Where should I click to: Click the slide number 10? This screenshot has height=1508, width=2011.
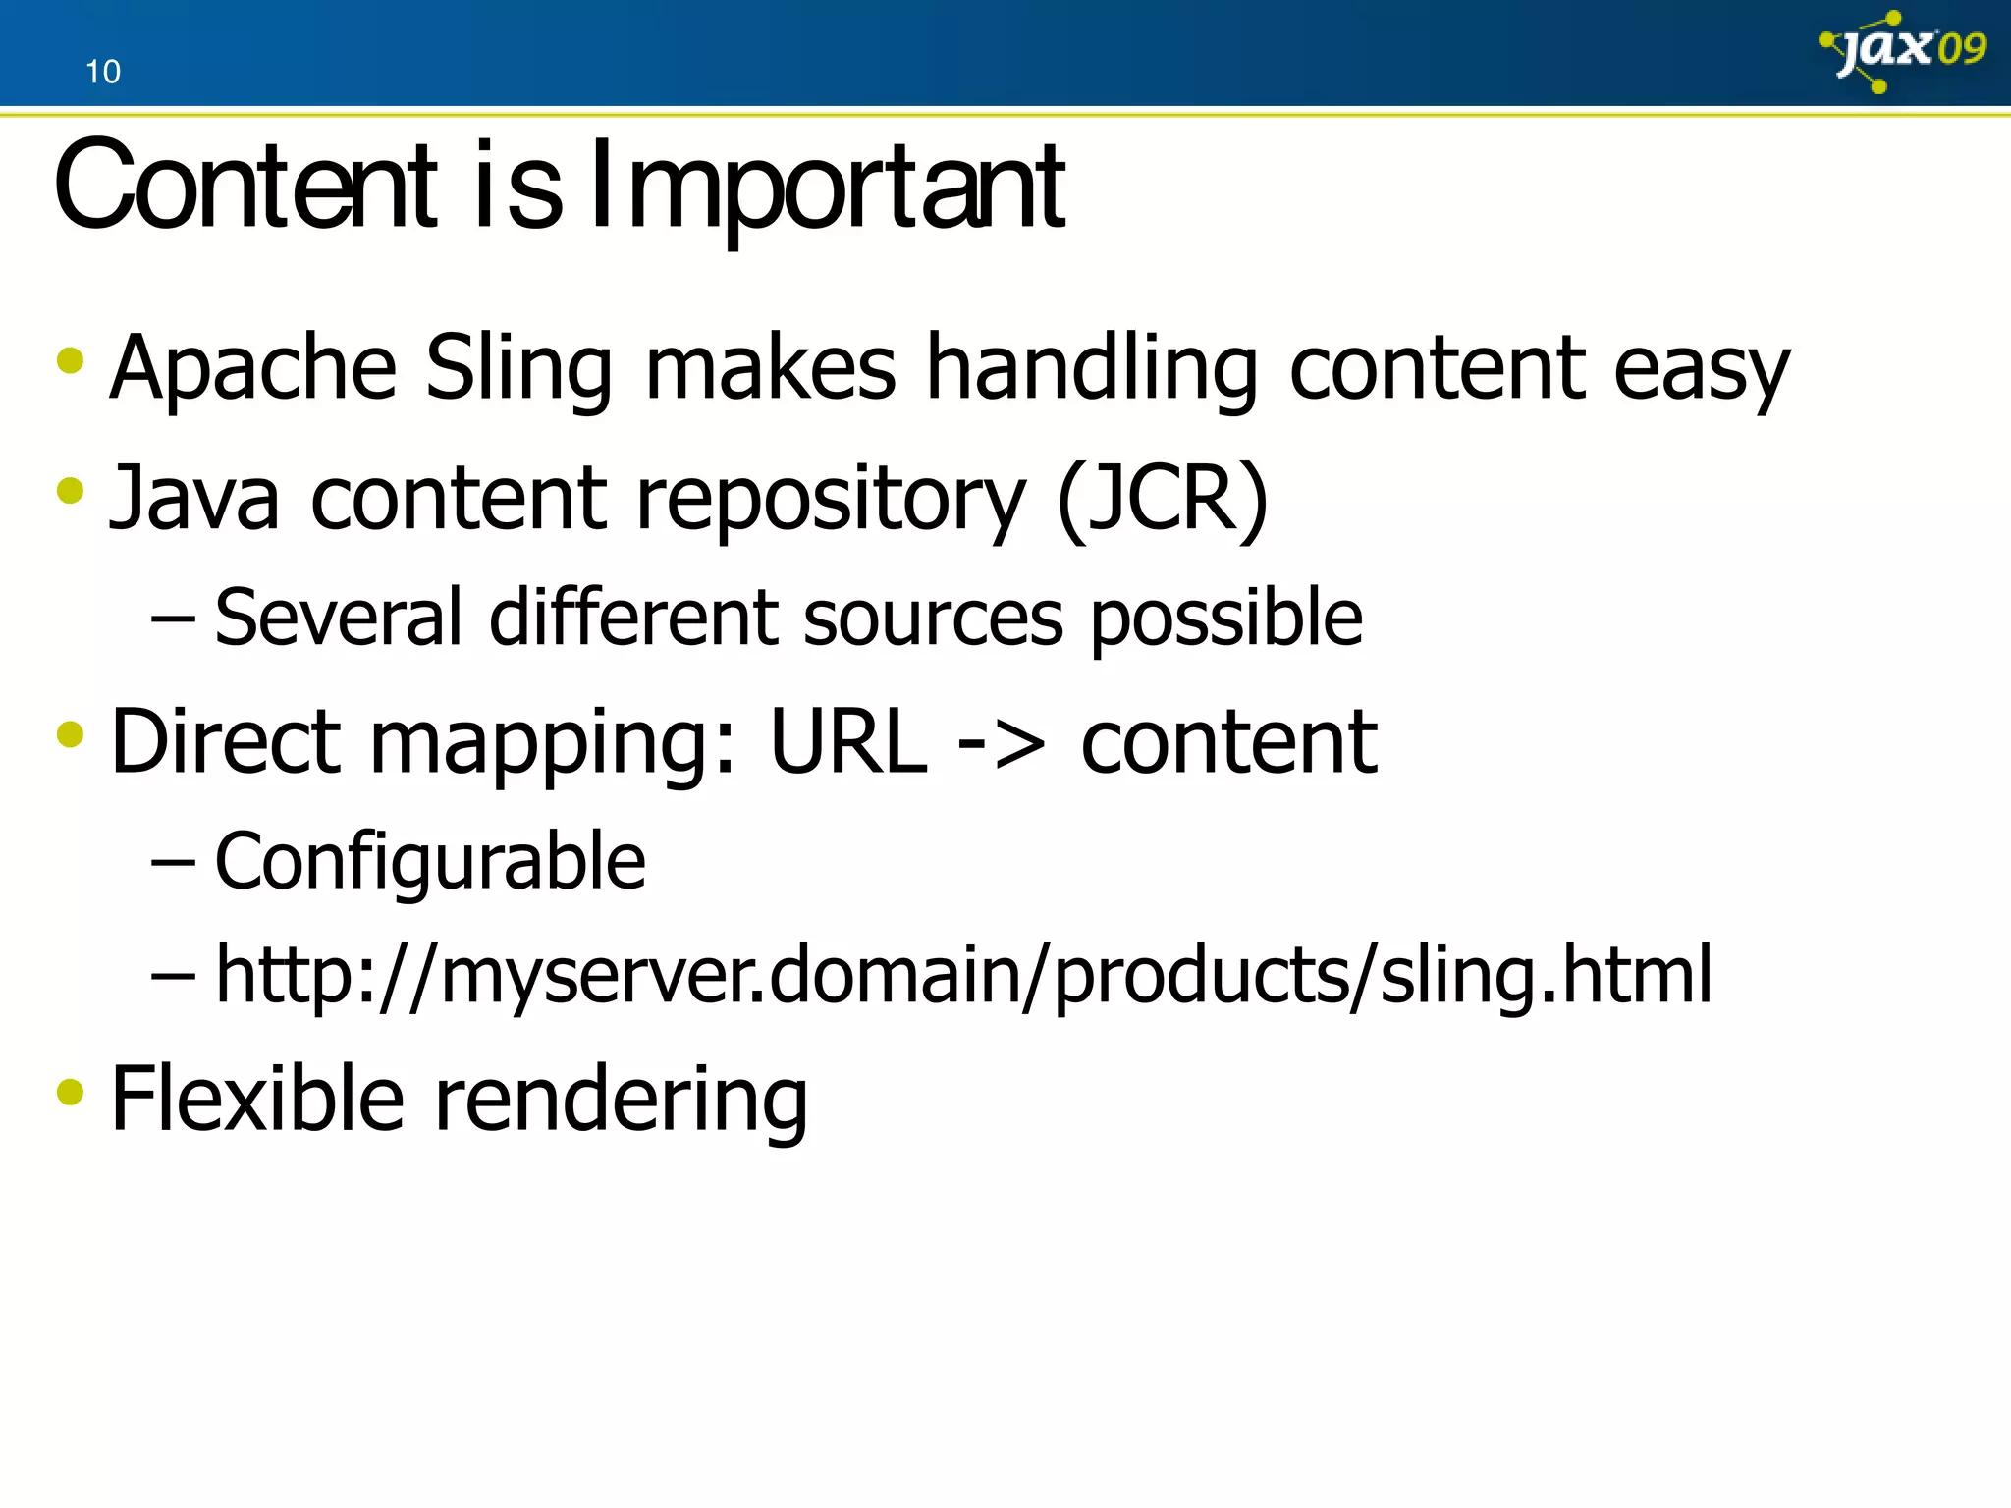[102, 72]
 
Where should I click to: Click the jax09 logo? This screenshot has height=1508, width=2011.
[1903, 51]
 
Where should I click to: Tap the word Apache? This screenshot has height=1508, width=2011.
[252, 369]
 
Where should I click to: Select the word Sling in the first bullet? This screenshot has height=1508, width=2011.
[518, 369]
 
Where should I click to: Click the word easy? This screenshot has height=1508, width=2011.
[1701, 371]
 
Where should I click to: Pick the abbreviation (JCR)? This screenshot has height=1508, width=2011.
[1163, 499]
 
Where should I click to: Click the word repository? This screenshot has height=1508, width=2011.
[831, 501]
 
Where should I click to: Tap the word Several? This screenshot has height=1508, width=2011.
[338, 618]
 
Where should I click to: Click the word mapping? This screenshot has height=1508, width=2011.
[551, 744]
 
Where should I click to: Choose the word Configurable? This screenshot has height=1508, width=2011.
[430, 862]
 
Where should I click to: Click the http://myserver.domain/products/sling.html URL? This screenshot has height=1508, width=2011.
[962, 976]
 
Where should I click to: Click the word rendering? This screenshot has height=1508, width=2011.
[621, 1102]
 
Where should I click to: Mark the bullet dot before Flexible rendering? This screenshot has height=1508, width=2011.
[71, 1092]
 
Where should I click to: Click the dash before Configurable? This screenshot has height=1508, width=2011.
[173, 862]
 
